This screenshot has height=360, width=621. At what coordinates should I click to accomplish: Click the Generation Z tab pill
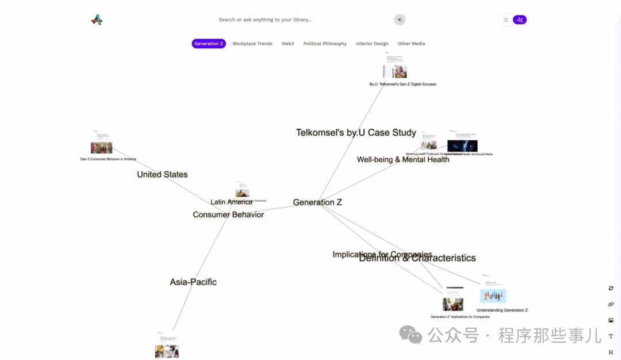209,44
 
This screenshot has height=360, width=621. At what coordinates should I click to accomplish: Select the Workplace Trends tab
252,44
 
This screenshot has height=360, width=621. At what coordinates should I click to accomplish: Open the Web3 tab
287,44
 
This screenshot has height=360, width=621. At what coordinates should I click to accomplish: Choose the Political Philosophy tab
325,44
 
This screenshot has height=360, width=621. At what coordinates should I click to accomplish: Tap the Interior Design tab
372,44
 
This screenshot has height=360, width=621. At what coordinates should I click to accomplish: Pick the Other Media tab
411,44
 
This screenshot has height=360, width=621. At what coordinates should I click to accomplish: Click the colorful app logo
97,20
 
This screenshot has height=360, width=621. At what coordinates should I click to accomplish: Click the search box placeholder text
265,20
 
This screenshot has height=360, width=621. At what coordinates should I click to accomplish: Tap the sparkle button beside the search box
400,20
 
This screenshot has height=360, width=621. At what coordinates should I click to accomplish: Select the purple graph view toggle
520,20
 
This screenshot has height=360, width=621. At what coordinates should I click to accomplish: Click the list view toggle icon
506,20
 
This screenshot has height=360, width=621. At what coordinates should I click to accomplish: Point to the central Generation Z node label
317,202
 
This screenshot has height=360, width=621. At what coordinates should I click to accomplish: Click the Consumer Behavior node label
228,215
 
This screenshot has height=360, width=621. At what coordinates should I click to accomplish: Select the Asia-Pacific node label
193,282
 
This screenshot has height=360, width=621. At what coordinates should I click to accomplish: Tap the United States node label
162,175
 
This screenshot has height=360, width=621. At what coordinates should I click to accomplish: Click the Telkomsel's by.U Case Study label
356,133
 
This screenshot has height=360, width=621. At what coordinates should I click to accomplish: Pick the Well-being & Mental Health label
403,160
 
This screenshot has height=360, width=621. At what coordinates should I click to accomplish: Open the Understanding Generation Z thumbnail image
493,296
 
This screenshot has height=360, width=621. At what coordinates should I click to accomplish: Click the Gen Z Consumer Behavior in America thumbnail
101,148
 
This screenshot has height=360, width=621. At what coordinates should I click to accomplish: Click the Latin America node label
231,202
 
